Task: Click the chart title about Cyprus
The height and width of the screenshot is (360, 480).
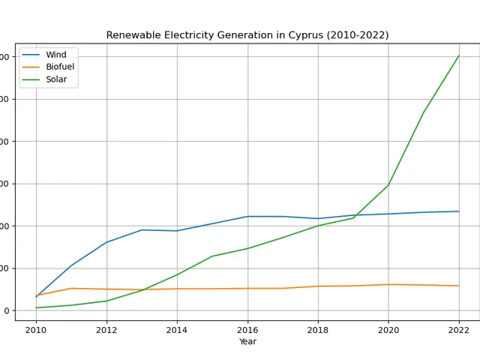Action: pos(247,35)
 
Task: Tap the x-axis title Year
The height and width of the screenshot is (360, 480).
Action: pos(247,342)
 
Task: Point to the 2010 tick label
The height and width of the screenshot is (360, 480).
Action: pos(36,329)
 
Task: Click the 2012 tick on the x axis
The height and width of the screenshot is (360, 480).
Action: pos(106,329)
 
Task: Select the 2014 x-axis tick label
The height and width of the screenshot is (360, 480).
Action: pos(177,329)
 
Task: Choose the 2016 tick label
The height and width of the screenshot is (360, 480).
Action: pos(247,329)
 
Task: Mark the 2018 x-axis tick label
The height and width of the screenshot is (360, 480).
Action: pos(318,329)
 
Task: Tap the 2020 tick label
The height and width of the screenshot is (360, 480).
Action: pos(388,329)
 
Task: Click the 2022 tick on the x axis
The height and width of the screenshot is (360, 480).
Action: pos(459,329)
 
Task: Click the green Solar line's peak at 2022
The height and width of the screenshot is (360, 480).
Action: pos(459,55)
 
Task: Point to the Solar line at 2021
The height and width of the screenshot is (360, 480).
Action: pos(424,112)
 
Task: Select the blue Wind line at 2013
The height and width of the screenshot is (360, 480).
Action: pos(142,230)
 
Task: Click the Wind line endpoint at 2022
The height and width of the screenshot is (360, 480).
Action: pos(459,211)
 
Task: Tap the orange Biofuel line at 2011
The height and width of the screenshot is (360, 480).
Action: pos(71,289)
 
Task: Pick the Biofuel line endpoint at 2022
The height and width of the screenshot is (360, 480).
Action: pos(459,286)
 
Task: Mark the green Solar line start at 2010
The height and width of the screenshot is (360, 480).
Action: pos(36,307)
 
